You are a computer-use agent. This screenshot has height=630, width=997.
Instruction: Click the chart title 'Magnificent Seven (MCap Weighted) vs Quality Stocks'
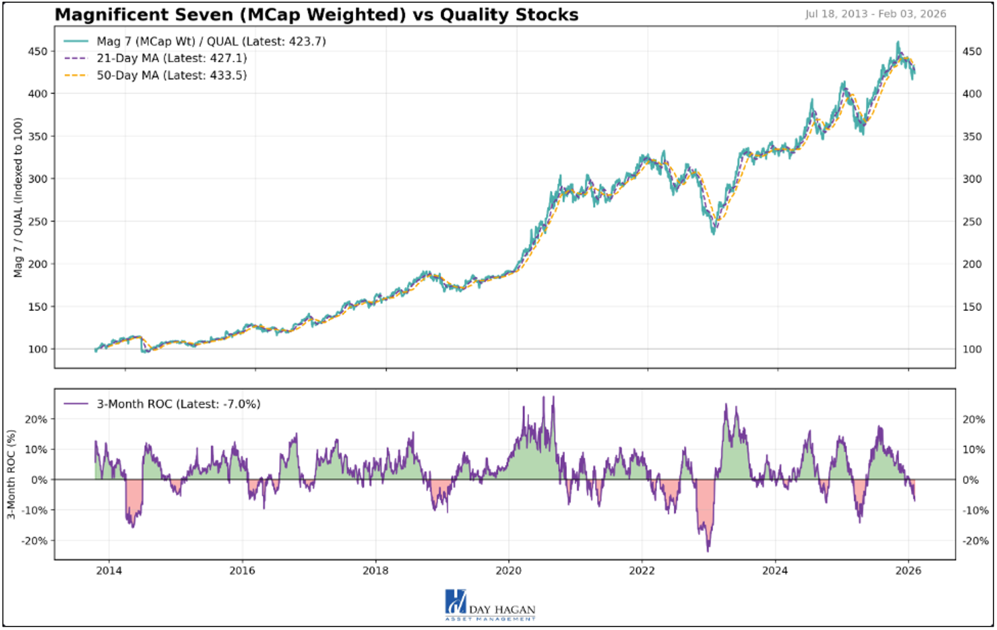316,14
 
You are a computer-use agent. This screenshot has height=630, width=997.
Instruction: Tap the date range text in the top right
875,14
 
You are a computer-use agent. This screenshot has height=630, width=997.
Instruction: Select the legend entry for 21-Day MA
171,58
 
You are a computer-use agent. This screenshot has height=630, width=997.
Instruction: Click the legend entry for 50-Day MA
171,75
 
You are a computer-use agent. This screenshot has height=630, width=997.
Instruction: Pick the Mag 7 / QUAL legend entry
211,41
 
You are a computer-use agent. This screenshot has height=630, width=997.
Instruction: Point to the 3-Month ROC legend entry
178,404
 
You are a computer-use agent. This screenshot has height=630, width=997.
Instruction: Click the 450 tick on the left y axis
38,51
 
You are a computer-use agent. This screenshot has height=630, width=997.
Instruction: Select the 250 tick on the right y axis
972,222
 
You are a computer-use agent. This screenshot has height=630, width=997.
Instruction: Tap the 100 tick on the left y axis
38,349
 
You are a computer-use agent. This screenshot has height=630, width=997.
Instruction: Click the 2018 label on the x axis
375,570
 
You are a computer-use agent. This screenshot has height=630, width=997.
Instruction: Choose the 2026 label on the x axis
908,570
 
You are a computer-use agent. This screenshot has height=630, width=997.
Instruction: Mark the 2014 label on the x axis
109,570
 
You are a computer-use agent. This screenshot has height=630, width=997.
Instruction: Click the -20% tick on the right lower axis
975,541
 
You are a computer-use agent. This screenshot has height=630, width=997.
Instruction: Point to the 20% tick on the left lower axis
36,419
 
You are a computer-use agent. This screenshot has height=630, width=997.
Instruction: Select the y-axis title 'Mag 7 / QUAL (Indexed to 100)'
18,198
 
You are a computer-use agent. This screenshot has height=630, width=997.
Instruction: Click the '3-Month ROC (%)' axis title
12,474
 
